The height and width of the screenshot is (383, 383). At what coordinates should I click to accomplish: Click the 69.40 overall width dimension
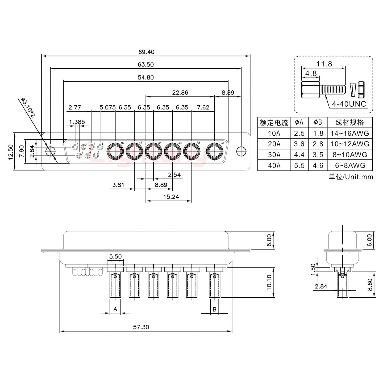point(146,52)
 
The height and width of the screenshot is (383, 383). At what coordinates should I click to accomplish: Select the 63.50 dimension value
point(145,65)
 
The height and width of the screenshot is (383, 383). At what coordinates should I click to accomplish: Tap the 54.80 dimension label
point(145,78)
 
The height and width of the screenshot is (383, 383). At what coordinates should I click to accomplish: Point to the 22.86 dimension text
point(180,93)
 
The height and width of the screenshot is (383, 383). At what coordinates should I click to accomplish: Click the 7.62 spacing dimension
point(203,107)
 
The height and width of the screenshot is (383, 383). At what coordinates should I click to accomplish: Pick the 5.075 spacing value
point(107,107)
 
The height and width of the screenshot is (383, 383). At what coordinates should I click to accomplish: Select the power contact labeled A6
point(115,152)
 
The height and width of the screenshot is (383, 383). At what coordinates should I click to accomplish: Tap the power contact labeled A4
point(153,152)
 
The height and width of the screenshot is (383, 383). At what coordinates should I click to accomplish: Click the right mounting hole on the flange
point(240,151)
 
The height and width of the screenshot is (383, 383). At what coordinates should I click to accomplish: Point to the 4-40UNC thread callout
point(349,104)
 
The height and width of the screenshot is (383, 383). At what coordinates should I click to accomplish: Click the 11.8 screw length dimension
point(324,64)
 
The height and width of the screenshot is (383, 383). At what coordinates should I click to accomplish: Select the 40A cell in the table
point(274,165)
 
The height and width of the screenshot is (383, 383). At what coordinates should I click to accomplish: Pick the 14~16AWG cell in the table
point(350,133)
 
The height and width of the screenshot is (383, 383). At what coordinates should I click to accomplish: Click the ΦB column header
point(318,122)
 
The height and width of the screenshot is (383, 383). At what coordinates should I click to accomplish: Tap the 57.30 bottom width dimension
point(141,327)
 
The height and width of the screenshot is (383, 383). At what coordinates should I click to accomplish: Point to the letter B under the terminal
point(214,309)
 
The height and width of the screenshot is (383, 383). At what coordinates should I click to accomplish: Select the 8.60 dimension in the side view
point(369,285)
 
